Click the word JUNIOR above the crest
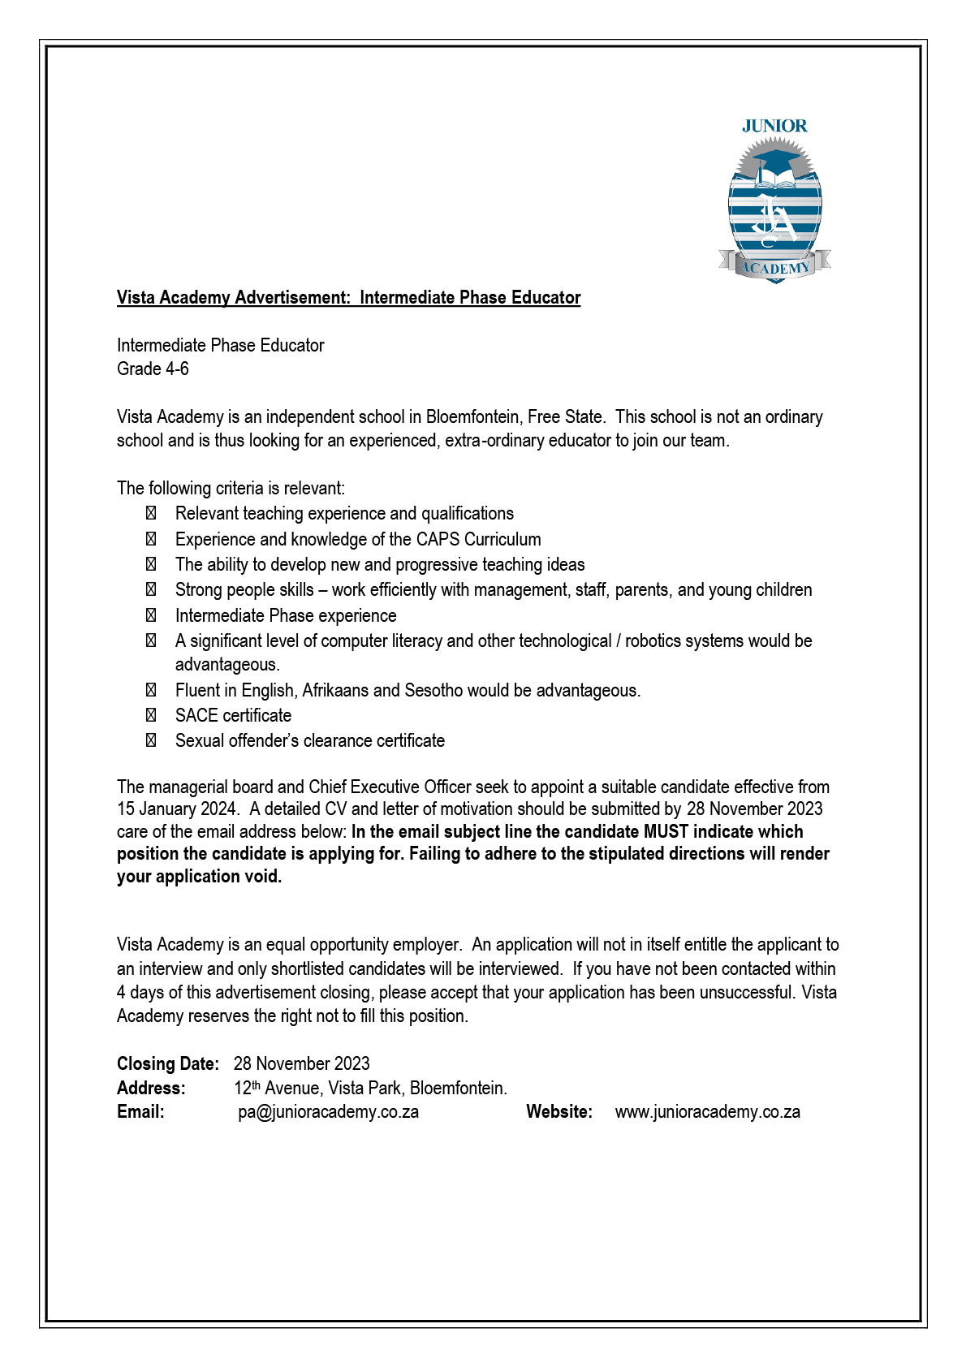point(774,126)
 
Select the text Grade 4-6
point(153,369)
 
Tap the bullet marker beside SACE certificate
point(151,716)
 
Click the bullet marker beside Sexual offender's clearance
point(151,741)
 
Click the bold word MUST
point(666,832)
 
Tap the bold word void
point(262,877)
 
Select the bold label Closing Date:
point(168,1064)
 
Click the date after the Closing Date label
point(301,1064)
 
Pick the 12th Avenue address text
point(370,1089)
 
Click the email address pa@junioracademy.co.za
point(328,1112)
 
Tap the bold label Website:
point(559,1112)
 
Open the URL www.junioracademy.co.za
point(707,1112)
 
